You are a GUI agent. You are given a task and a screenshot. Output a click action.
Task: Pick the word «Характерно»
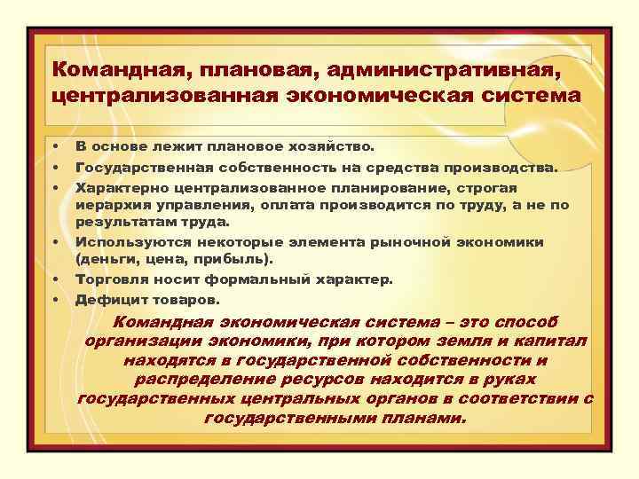121,187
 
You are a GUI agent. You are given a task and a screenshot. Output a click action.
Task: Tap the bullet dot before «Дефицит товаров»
54,299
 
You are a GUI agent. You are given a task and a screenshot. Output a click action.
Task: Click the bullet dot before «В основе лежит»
54,145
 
